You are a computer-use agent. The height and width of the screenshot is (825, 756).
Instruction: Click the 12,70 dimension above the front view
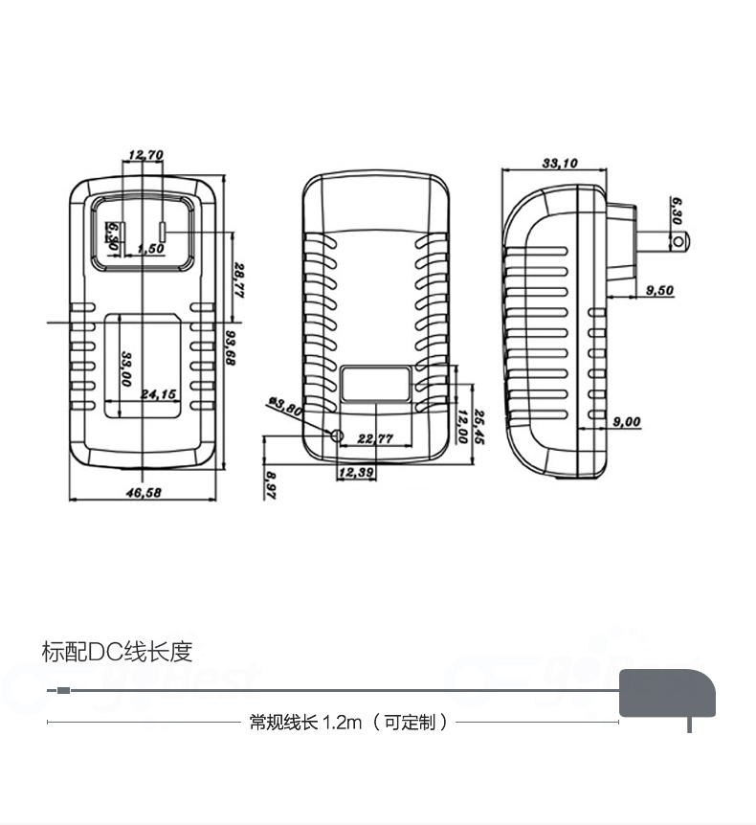click(x=145, y=154)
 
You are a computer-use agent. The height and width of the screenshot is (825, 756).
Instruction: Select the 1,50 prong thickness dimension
click(x=151, y=249)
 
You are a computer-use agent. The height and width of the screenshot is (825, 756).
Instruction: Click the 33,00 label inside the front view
click(x=125, y=368)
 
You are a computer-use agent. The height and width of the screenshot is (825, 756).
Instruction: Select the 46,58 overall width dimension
click(x=144, y=492)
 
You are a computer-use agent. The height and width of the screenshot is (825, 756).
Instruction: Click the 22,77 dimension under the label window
click(x=375, y=438)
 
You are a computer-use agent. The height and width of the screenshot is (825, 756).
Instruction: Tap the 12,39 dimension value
click(x=355, y=472)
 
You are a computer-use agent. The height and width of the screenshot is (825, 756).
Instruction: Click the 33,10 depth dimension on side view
click(x=560, y=164)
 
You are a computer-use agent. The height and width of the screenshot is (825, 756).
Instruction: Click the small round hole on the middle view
click(x=336, y=435)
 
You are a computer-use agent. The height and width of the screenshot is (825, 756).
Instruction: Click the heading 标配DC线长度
click(x=118, y=653)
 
